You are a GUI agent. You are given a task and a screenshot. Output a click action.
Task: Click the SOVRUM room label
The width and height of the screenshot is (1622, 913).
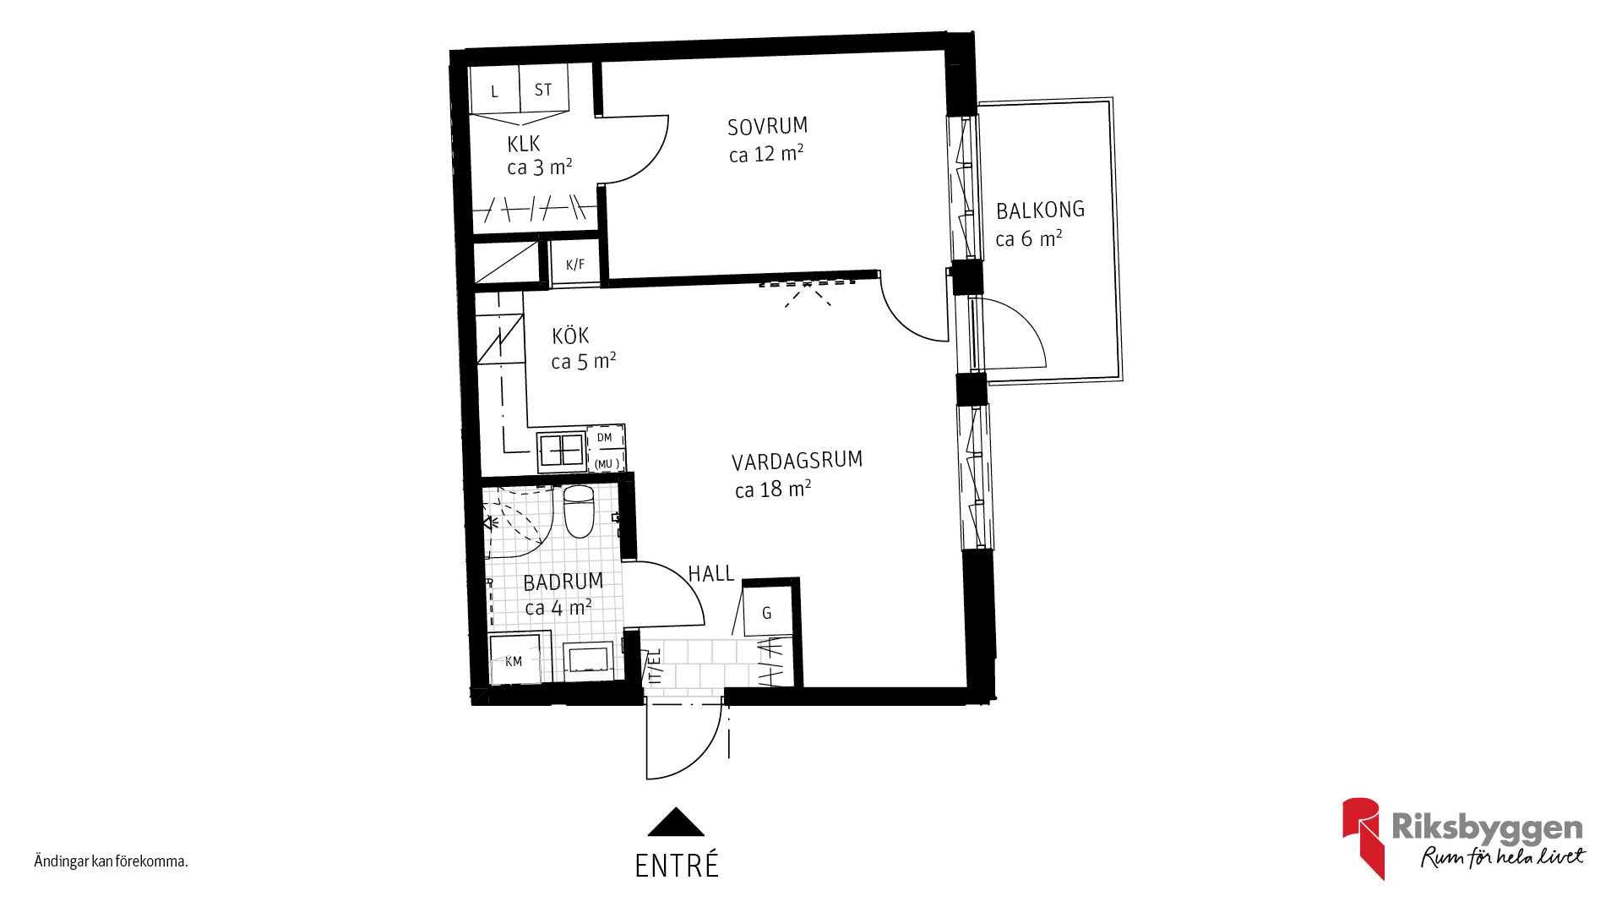click(x=767, y=127)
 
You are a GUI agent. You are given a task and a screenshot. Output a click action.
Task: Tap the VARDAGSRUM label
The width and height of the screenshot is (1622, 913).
click(x=797, y=462)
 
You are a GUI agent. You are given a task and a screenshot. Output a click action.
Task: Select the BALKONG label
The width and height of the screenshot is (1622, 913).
click(x=1040, y=210)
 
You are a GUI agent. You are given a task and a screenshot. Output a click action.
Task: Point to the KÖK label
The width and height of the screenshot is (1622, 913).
click(x=570, y=336)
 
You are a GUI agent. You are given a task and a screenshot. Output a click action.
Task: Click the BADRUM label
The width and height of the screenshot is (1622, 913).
click(x=563, y=582)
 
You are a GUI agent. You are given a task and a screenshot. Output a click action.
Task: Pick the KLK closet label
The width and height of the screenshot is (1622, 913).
click(x=524, y=144)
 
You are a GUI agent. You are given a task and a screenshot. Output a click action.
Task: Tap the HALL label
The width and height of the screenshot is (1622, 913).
click(x=711, y=574)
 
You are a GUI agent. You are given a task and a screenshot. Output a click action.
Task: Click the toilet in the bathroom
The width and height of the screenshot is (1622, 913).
click(x=579, y=511)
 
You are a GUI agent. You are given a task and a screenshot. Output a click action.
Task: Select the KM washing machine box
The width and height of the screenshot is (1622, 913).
click(x=514, y=659)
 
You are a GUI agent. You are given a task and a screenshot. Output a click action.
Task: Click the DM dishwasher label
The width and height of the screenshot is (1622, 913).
click(x=604, y=437)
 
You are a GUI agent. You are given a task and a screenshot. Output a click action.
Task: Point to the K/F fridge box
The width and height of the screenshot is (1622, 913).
click(x=575, y=264)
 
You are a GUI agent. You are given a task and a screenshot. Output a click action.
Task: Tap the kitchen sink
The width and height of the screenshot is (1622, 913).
click(x=562, y=451)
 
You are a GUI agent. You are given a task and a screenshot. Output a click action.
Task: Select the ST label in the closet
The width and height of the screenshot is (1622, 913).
click(x=543, y=90)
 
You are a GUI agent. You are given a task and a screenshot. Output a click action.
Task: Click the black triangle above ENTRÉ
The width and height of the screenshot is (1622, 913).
click(x=676, y=822)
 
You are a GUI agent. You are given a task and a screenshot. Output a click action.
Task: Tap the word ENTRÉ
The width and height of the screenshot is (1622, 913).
click(x=677, y=866)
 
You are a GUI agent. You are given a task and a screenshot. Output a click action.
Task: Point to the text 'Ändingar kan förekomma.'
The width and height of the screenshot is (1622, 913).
click(x=111, y=861)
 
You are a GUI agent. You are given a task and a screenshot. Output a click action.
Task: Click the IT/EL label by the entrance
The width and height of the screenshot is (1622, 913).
click(x=655, y=665)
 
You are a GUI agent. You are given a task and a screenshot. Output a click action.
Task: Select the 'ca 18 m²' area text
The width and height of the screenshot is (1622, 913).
click(x=773, y=489)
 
